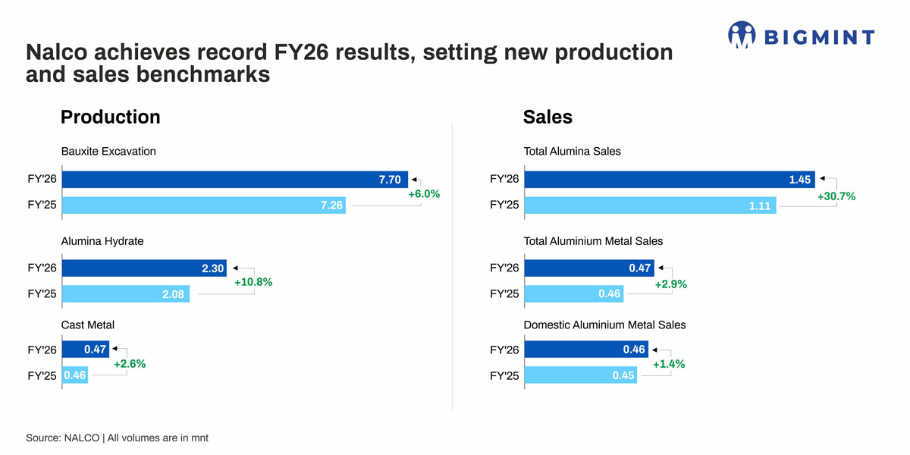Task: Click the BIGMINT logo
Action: (801, 36)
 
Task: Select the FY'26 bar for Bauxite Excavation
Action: (235, 180)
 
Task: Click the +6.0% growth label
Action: (424, 193)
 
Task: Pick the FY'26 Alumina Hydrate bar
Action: (144, 268)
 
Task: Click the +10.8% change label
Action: (253, 282)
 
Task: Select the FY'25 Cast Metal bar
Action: (75, 375)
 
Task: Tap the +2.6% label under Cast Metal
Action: (129, 364)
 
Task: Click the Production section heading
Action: (110, 117)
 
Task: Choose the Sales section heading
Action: (548, 117)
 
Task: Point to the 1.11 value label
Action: (760, 206)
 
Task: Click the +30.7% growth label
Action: (836, 196)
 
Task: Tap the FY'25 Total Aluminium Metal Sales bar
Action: (573, 293)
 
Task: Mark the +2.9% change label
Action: (670, 284)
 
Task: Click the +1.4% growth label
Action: (669, 364)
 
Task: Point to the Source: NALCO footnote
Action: (117, 438)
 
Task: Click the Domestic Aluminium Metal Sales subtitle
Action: (604, 325)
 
